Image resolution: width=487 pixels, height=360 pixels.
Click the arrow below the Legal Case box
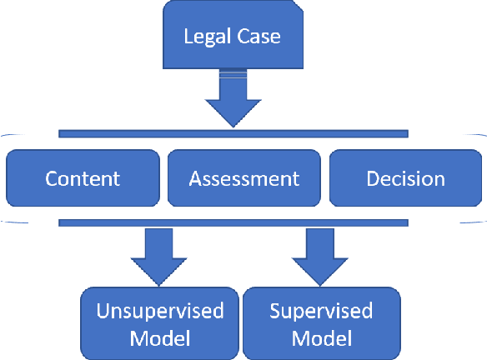[233, 101]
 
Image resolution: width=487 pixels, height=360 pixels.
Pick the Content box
[82, 177]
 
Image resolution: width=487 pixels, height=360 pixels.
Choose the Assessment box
[243, 177]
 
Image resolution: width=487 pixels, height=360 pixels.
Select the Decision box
[405, 177]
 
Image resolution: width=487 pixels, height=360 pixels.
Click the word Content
[83, 178]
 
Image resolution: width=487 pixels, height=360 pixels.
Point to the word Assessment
[243, 178]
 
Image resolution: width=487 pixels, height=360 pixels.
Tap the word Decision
[406, 178]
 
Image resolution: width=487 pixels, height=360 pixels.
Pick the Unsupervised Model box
[160, 323]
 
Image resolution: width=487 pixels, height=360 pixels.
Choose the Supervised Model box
[321, 323]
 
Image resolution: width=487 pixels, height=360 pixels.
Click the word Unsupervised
[160, 311]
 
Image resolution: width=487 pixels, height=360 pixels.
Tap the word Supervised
[321, 311]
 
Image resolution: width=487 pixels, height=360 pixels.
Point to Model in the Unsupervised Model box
[160, 338]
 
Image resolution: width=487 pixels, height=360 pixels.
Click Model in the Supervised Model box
[321, 338]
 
